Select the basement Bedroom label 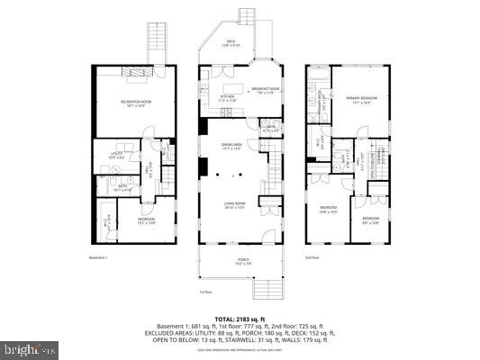click(146, 220)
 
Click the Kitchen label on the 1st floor click(227, 98)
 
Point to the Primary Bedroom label click(359, 98)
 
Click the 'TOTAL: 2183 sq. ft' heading click(240, 319)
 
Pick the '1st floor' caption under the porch click(206, 292)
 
